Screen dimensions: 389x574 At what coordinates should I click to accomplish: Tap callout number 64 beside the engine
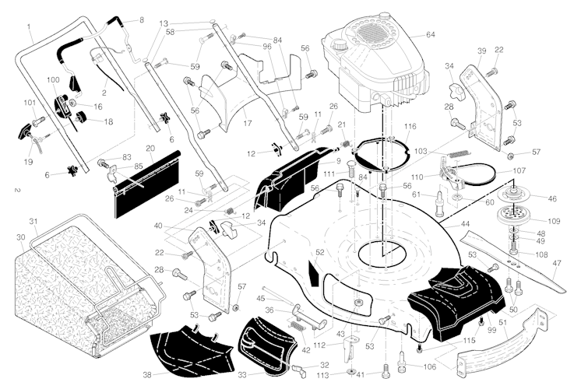[x=430, y=34]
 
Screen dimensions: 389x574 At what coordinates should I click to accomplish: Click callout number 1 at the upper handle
[x=29, y=26]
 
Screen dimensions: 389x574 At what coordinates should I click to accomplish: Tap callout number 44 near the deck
[x=465, y=223]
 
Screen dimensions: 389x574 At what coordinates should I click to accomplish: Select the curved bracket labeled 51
[x=491, y=342]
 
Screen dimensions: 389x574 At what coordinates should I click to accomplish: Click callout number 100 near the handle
[x=53, y=80]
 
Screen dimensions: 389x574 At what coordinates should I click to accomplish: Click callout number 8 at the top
[x=141, y=19]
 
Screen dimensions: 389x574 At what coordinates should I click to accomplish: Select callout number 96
[x=267, y=47]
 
